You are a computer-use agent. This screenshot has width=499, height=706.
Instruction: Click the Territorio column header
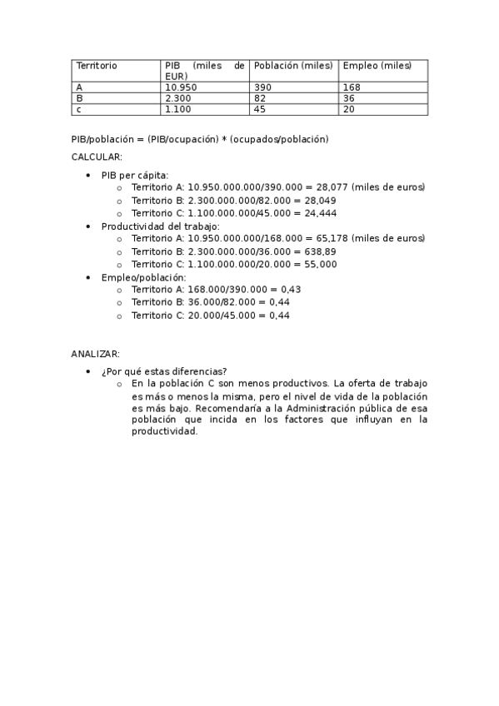click(97, 65)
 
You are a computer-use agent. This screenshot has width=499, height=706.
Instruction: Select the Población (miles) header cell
click(293, 65)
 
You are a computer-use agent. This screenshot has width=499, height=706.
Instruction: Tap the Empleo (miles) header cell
click(377, 65)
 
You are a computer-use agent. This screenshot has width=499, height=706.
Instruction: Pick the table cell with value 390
click(263, 87)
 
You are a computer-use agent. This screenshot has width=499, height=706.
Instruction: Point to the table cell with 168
click(352, 87)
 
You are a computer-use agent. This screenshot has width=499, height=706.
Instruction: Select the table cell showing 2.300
click(177, 97)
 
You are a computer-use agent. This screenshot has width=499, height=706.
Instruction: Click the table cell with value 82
click(260, 97)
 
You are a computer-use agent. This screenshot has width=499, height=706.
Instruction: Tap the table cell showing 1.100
click(177, 109)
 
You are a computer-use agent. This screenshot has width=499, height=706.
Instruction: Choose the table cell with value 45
click(260, 109)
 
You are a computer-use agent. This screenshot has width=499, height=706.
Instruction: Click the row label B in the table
click(79, 97)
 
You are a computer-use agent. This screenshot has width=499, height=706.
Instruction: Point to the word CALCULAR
click(97, 157)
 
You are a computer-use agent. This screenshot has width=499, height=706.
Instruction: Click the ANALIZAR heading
click(95, 354)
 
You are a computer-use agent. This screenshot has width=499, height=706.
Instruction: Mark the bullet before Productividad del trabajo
click(88, 226)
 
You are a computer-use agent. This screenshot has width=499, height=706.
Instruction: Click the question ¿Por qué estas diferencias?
click(164, 371)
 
